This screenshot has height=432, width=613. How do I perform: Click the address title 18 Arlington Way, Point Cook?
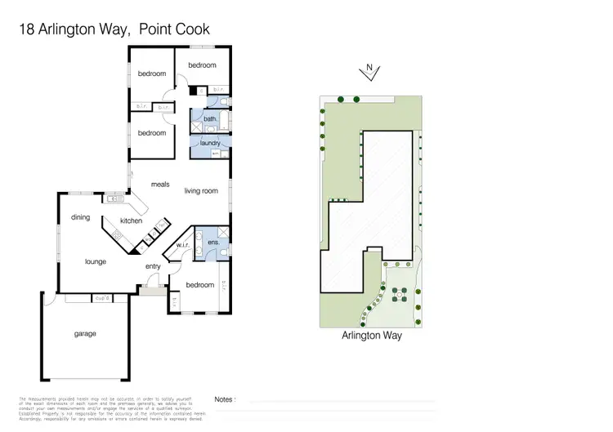pyautogui.click(x=114, y=29)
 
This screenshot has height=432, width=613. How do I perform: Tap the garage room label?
pyautogui.click(x=85, y=333)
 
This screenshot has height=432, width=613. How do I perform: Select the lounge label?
pyautogui.click(x=97, y=262)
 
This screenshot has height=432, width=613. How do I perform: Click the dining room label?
pyautogui.click(x=80, y=217)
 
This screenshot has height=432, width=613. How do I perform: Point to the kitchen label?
pyautogui.click(x=131, y=220)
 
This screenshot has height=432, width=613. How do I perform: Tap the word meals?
pyautogui.click(x=160, y=185)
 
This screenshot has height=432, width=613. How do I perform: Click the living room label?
pyautogui.click(x=200, y=191)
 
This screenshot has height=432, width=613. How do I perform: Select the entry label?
pyautogui.click(x=153, y=266)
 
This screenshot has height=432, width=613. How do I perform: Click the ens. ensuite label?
pyautogui.click(x=214, y=242)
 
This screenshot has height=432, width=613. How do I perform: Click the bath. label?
pyautogui.click(x=210, y=119)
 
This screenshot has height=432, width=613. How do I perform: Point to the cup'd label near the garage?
pyautogui.click(x=102, y=297)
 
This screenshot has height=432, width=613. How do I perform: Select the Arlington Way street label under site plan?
pyautogui.click(x=371, y=336)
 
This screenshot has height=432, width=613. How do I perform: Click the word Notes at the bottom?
pyautogui.click(x=225, y=399)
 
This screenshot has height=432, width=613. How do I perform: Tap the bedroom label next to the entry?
pyautogui.click(x=200, y=285)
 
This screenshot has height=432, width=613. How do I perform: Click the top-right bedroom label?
pyautogui.click(x=202, y=65)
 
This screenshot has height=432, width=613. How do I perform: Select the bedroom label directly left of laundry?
pyautogui.click(x=151, y=133)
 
